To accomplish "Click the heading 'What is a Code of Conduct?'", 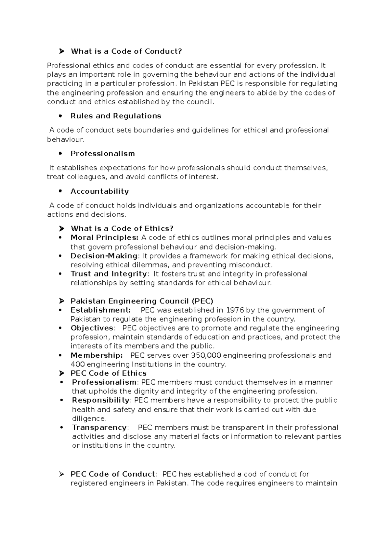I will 126,51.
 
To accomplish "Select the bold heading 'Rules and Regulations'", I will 116,116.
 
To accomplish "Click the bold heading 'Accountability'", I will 99,191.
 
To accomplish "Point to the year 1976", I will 235,310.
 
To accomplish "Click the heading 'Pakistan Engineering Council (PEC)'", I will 142,301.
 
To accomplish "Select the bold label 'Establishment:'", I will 101,310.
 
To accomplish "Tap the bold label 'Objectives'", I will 92,328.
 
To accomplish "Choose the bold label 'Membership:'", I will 97,355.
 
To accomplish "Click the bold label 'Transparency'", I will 99,428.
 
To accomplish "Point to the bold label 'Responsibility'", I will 101,400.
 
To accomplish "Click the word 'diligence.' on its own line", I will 89,418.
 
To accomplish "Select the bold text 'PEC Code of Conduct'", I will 113,474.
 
